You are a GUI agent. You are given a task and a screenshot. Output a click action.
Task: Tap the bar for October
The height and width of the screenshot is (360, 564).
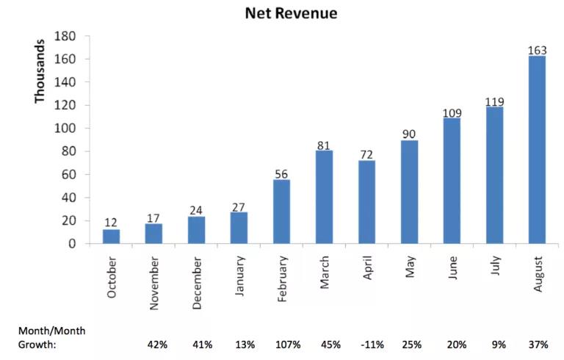111,236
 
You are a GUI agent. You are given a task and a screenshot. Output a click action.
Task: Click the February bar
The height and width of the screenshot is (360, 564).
281,211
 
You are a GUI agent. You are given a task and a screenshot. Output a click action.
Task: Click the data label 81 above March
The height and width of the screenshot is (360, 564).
324,145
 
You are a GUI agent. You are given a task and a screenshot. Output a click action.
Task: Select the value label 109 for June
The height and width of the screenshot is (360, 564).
452,113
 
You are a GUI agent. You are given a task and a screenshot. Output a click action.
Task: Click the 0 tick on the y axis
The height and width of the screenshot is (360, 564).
73,244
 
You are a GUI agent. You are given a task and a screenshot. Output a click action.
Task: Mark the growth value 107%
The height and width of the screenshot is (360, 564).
287,344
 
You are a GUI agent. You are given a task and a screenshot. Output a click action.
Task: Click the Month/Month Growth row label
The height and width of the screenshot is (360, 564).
52,337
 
